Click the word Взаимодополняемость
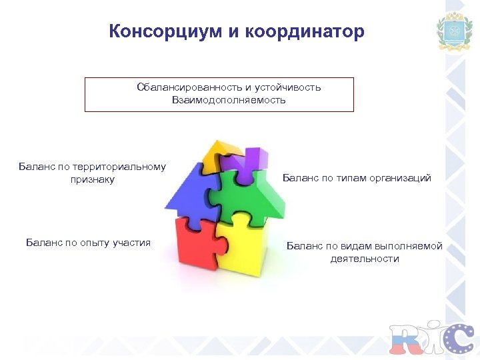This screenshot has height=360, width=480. pos(229,100)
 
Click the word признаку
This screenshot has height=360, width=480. pos(93,179)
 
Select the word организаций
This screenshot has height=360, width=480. pos(398,178)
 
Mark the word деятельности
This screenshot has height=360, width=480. pos(365,259)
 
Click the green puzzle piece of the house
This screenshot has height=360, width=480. pos(254,193)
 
